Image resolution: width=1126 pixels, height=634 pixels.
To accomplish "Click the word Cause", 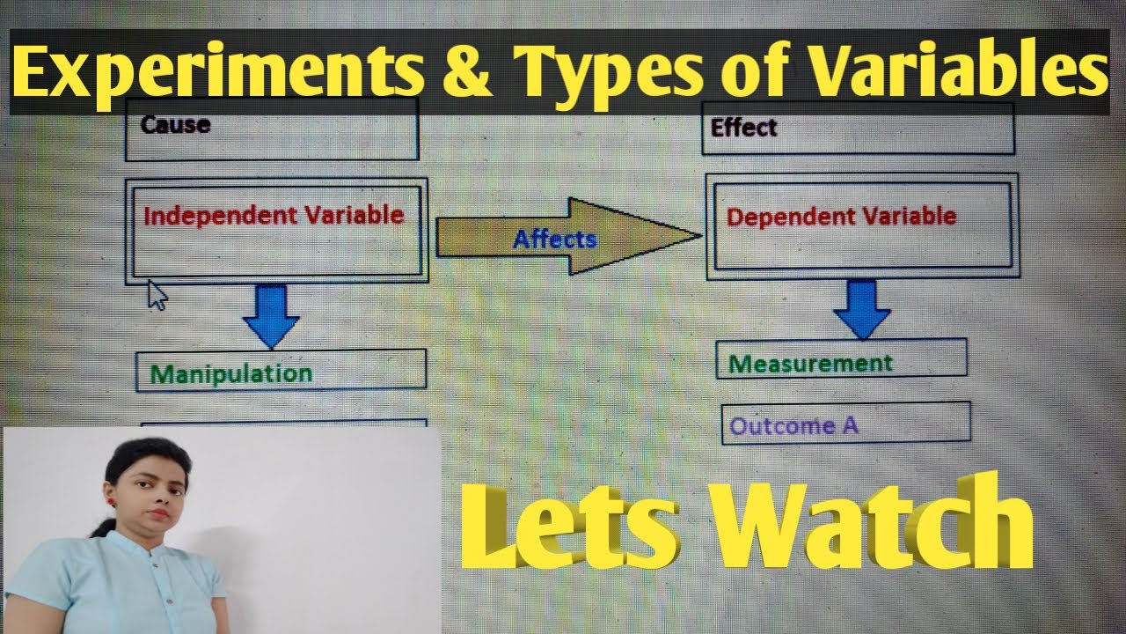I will point(175,124).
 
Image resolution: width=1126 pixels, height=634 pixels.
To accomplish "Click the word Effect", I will point(743,129).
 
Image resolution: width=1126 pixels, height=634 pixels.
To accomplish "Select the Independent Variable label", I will point(273,216).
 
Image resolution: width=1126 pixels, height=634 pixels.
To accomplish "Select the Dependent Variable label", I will point(840,217).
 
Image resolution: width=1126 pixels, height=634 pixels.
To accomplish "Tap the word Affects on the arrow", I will point(554,239).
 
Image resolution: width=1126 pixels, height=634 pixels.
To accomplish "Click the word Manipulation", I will point(230,373).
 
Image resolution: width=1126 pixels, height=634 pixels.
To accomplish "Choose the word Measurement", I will point(810,363).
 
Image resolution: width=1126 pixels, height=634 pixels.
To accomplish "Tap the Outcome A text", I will point(793,426).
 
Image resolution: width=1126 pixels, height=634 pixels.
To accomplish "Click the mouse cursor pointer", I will point(157,294).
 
